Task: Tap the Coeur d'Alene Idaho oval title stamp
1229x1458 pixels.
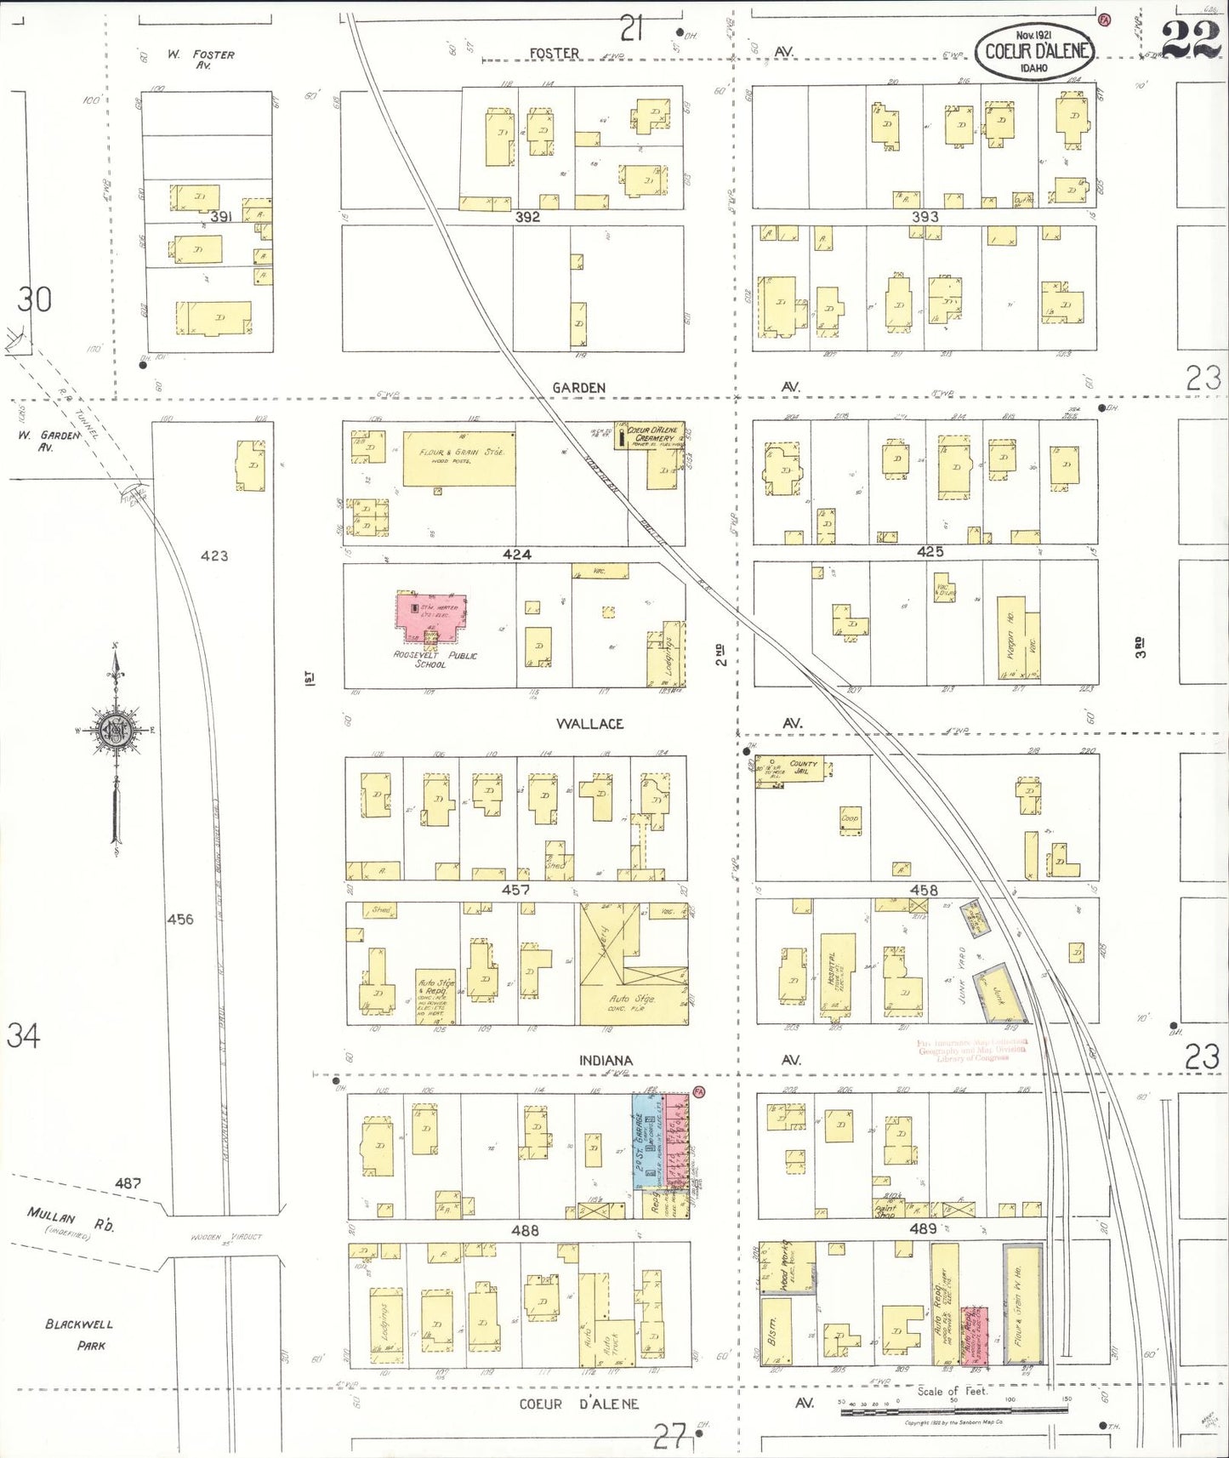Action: pos(1034,51)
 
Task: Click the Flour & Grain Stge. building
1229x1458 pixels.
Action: pos(459,459)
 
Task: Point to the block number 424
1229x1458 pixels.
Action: pos(516,555)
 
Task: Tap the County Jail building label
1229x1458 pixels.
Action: pos(803,767)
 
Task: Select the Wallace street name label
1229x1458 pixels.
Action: pos(589,724)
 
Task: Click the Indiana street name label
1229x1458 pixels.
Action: pos(606,1061)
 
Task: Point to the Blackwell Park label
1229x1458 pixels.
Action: pos(79,1335)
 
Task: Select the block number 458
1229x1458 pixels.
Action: pos(924,890)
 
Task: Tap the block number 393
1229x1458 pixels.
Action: pos(925,217)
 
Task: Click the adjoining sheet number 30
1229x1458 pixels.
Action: pos(35,299)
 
